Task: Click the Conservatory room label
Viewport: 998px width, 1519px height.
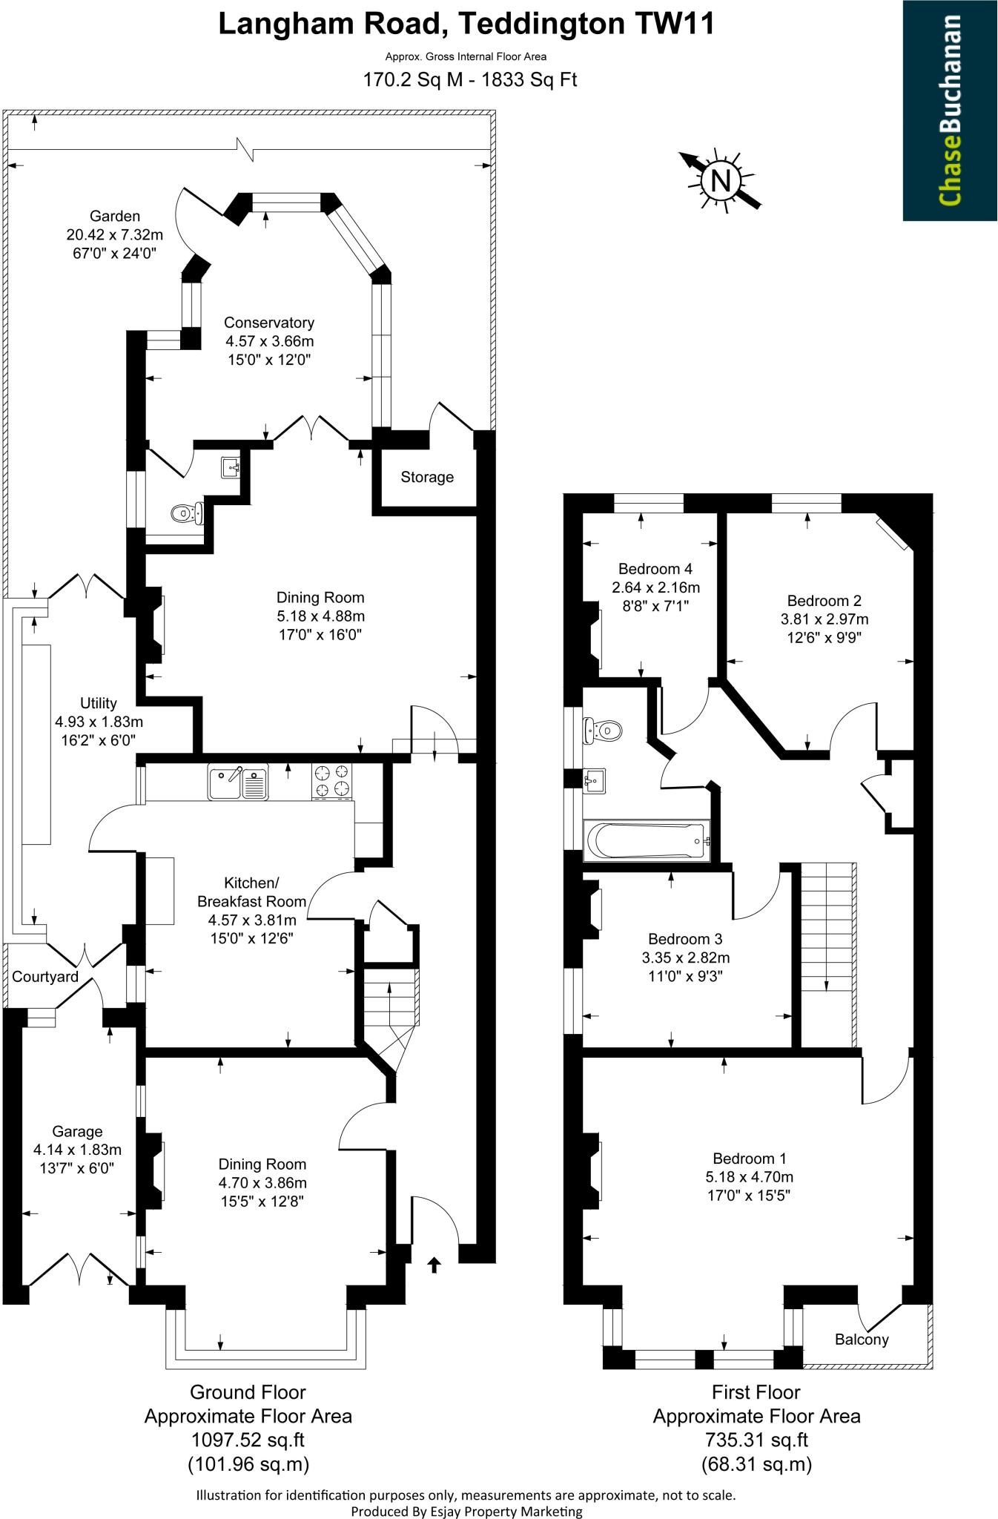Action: point(269,323)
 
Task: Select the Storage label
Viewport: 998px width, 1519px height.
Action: point(427,477)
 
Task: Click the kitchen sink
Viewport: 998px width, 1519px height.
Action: point(238,783)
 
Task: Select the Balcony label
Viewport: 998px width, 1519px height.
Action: point(862,1340)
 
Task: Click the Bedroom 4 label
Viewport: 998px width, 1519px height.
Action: point(655,569)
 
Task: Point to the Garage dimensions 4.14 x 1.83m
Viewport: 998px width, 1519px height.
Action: point(77,1150)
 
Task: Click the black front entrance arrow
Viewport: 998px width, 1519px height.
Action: point(434,1264)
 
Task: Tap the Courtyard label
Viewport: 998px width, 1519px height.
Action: point(45,977)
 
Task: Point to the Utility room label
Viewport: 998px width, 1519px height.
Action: point(99,703)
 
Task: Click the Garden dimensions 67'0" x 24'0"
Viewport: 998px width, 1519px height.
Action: point(114,253)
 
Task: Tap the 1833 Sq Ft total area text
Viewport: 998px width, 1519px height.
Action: point(529,79)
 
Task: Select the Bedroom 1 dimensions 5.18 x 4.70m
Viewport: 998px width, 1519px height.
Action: point(750,1176)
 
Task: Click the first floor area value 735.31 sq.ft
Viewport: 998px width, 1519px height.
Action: point(756,1440)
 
